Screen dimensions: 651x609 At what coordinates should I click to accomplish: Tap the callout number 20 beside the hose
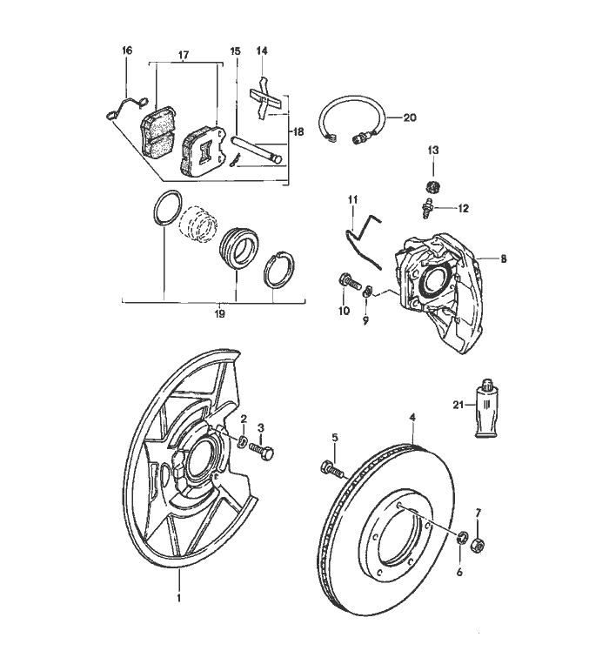pos(411,117)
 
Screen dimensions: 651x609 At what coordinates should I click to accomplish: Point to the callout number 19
pos(219,312)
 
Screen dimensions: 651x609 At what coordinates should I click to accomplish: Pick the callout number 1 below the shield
pos(179,599)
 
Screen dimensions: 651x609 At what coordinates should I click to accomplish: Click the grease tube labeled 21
pos(487,413)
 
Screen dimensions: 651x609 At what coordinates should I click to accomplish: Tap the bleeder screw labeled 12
pos(427,209)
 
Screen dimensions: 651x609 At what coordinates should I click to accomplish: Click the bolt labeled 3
pos(264,452)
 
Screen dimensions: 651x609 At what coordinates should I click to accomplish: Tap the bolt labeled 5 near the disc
pos(333,469)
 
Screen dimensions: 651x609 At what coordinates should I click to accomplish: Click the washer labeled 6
pos(461,537)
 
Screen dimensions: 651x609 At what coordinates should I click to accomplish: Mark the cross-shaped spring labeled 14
pos(264,99)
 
